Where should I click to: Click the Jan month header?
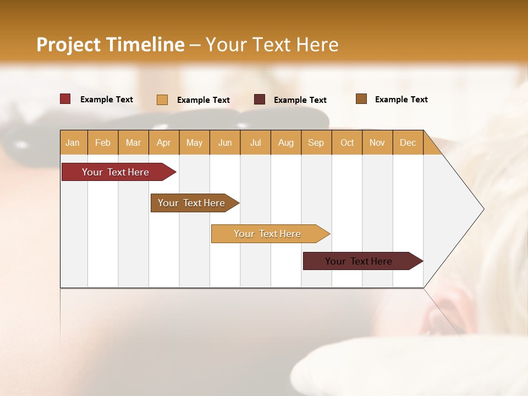tap(73, 142)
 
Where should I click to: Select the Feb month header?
tap(103, 142)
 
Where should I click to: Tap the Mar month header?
tap(133, 142)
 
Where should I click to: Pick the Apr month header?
tap(164, 142)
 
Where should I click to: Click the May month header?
tap(194, 142)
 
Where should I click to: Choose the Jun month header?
tap(225, 142)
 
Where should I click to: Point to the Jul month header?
tap(255, 142)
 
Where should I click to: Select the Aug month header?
tap(286, 142)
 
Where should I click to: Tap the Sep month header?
tap(316, 142)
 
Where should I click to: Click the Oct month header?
tap(347, 142)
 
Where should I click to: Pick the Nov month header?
tap(377, 142)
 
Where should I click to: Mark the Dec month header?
tap(408, 142)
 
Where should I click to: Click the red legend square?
tap(65, 99)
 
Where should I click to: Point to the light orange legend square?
tap(162, 100)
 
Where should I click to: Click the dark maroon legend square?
tap(260, 100)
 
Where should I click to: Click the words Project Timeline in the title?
tap(111, 44)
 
